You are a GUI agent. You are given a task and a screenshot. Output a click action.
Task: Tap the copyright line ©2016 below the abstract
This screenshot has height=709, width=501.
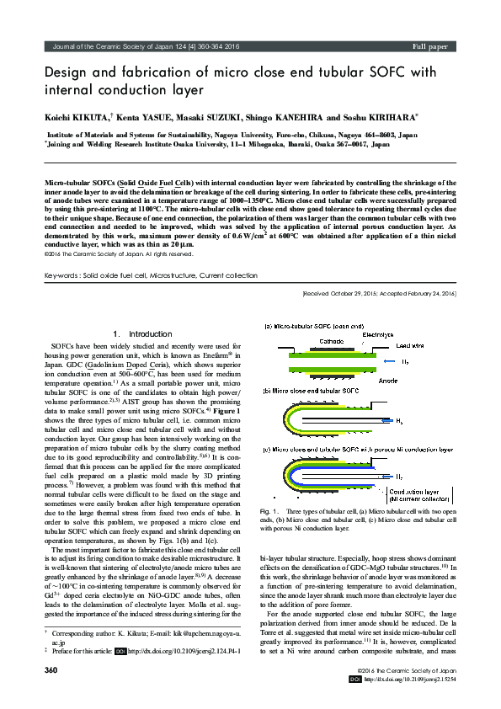click(x=117, y=253)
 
